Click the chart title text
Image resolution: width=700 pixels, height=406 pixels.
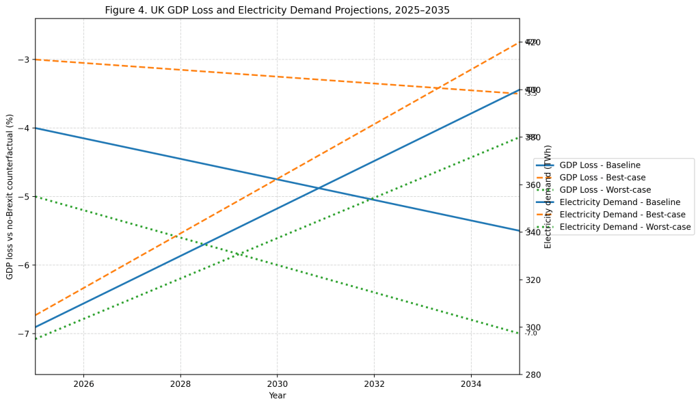[277, 10]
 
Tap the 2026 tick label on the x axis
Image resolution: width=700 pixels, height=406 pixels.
[83, 385]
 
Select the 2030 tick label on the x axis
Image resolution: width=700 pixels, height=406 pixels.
[277, 385]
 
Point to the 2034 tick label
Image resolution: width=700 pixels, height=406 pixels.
[470, 385]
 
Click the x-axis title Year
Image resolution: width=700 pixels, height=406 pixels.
[277, 396]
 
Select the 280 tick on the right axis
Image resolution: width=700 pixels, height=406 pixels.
[533, 375]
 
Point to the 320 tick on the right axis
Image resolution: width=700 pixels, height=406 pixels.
[533, 280]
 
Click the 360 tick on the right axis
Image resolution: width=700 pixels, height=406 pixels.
[533, 185]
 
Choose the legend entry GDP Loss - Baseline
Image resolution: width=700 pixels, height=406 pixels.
[600, 165]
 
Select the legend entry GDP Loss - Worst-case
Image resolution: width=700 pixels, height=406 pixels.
[605, 190]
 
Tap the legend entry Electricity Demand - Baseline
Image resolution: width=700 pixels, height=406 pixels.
[619, 202]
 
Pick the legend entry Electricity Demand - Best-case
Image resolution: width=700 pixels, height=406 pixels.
[622, 215]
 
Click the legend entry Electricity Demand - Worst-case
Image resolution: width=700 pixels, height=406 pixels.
[625, 227]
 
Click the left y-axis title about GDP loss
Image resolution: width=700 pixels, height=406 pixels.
[10, 197]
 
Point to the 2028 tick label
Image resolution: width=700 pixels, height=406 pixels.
[180, 385]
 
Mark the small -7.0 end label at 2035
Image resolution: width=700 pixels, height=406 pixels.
[531, 334]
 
